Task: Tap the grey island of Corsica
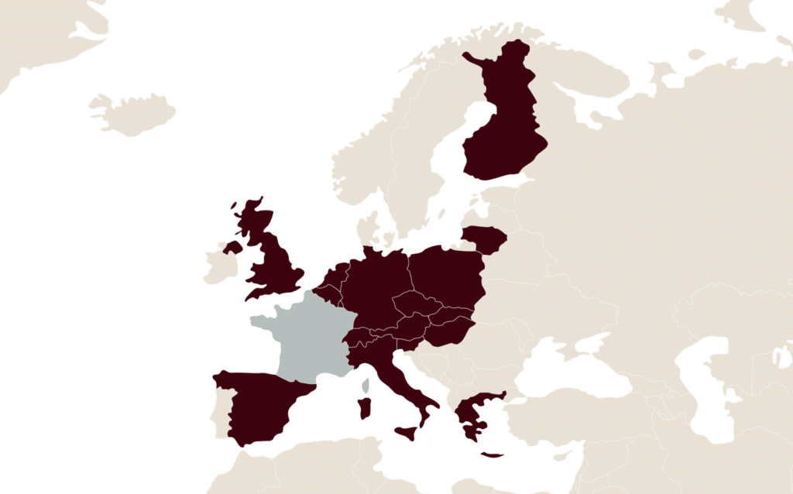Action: tap(366, 384)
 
